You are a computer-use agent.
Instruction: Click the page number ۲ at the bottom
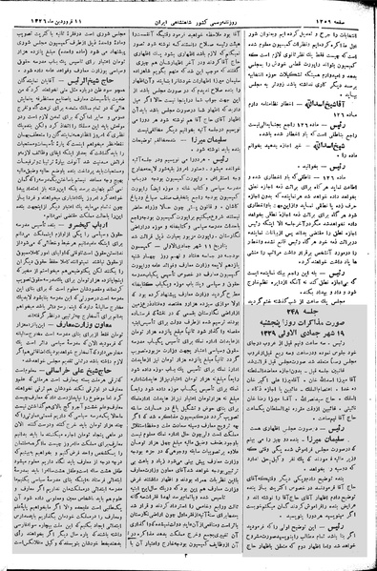pyautogui.click(x=191, y=561)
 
